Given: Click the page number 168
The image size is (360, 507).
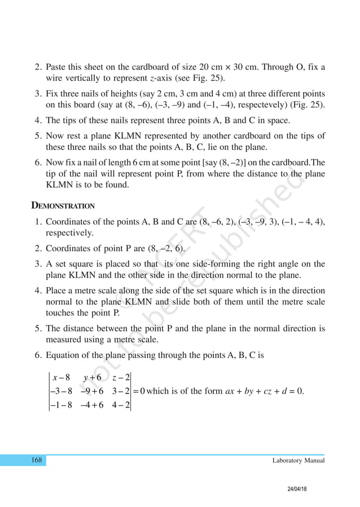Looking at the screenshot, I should point(37,461).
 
